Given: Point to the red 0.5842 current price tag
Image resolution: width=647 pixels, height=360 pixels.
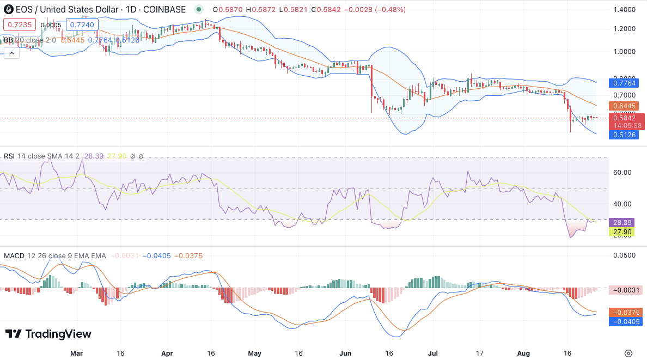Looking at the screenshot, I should click(626, 118).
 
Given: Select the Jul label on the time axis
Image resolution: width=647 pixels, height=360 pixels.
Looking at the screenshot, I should click(434, 353).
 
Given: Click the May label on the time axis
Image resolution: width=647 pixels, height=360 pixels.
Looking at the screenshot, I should click(255, 353).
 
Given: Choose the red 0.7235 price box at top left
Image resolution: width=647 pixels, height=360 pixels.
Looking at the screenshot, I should click(20, 25).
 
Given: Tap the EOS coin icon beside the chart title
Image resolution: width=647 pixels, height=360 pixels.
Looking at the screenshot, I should click(9, 9).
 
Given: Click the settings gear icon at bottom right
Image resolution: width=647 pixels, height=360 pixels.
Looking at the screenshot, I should click(628, 353).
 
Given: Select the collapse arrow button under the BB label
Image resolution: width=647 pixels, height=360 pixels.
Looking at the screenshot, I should click(11, 53).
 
